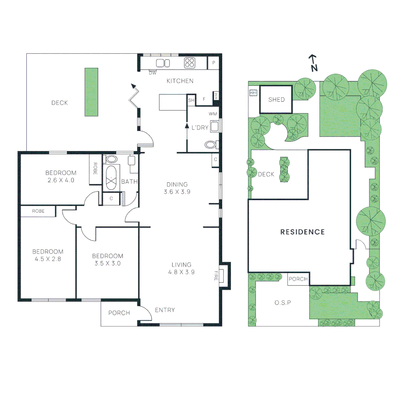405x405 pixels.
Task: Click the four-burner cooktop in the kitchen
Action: tap(189, 63)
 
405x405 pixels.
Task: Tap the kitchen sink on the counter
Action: tap(163, 63)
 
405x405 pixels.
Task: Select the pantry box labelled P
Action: tap(214, 63)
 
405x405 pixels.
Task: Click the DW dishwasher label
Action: tap(153, 73)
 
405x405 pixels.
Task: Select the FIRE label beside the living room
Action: tap(216, 276)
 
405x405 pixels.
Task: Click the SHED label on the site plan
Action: tap(276, 100)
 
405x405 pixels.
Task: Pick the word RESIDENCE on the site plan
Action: tap(303, 232)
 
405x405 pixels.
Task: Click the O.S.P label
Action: tap(282, 303)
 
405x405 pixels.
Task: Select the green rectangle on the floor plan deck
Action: tap(91, 92)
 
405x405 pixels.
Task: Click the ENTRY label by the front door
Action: tap(165, 310)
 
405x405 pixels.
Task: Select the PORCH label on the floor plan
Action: tap(119, 313)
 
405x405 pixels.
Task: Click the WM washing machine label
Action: tap(213, 114)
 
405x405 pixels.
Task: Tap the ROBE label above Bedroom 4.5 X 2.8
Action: tap(38, 211)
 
